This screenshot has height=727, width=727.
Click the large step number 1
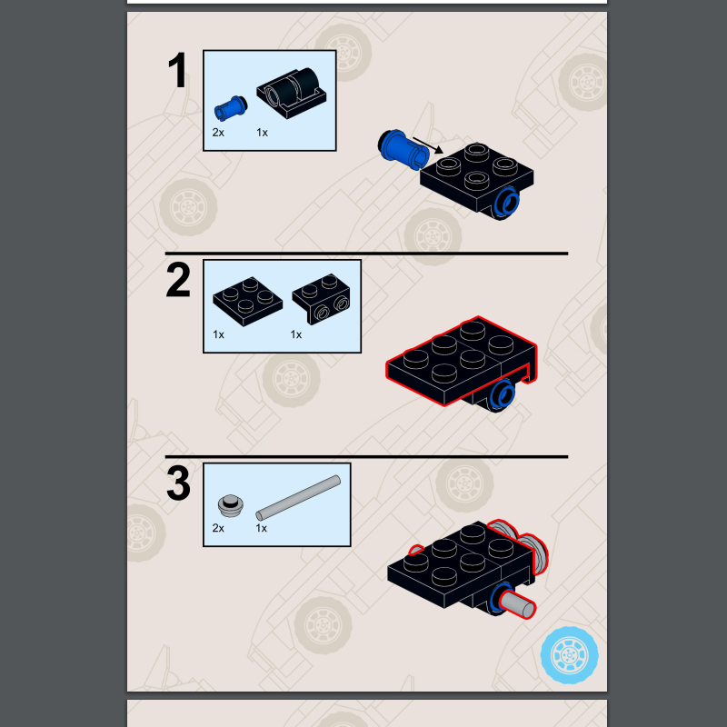[x=177, y=70]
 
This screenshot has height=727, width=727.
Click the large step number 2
[x=178, y=280]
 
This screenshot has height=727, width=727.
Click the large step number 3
[x=178, y=483]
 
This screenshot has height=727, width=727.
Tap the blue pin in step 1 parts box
[x=231, y=108]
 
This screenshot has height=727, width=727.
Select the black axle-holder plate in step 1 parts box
[x=292, y=93]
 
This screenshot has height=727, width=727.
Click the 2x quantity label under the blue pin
[x=218, y=133]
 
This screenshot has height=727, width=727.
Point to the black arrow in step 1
[x=428, y=145]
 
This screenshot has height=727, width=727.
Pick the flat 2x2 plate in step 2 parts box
[x=247, y=302]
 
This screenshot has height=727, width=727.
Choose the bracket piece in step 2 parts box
[x=322, y=299]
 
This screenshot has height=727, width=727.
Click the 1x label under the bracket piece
[x=296, y=334]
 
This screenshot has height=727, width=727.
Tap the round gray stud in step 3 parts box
[x=231, y=505]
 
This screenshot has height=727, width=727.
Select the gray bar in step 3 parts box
[x=298, y=498]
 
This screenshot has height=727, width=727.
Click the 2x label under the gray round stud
[x=218, y=528]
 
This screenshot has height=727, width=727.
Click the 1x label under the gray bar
[x=261, y=528]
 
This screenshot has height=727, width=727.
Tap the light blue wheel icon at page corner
[x=570, y=655]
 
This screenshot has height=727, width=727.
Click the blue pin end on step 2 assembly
[x=503, y=394]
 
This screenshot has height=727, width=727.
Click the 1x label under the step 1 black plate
[x=262, y=133]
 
